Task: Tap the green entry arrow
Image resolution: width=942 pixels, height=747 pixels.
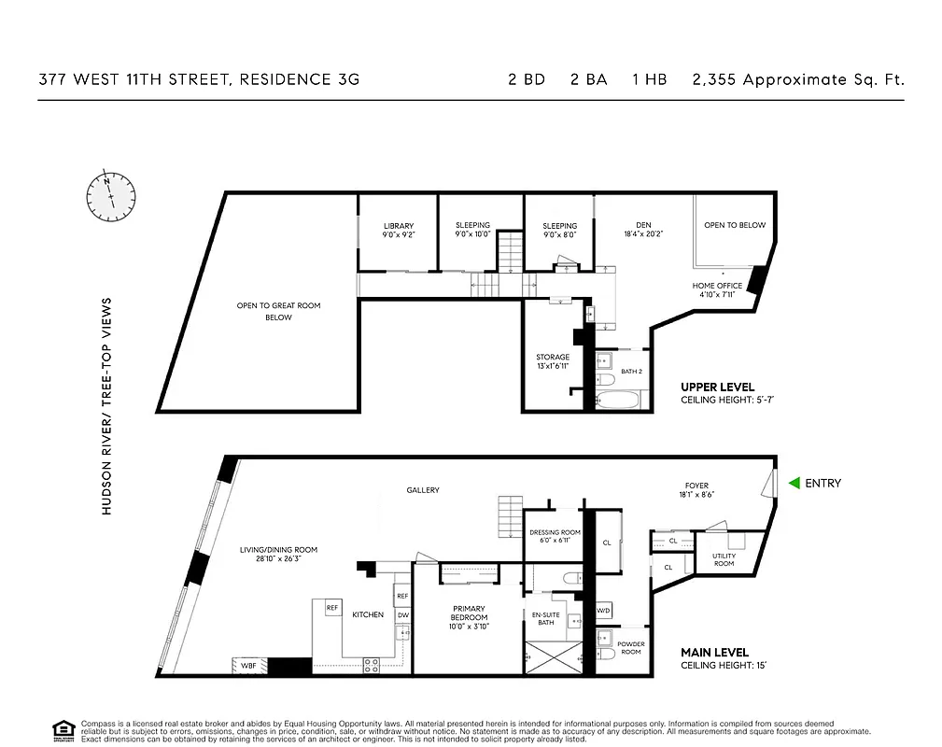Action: click(x=794, y=483)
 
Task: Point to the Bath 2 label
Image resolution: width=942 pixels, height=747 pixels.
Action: click(x=632, y=371)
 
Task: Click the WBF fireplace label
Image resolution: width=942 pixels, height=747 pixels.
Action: click(x=248, y=666)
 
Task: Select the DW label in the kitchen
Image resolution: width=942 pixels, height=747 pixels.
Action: click(x=403, y=614)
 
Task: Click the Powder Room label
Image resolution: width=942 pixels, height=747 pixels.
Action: click(x=631, y=648)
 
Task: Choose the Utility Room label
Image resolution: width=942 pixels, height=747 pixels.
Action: click(x=724, y=559)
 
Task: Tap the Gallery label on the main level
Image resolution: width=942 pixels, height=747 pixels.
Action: click(x=422, y=490)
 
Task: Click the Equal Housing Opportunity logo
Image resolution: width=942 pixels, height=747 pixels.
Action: click(x=63, y=729)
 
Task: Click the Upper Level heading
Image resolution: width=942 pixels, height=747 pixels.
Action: click(x=717, y=387)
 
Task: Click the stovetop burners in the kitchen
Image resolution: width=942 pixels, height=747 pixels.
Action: click(x=371, y=665)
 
